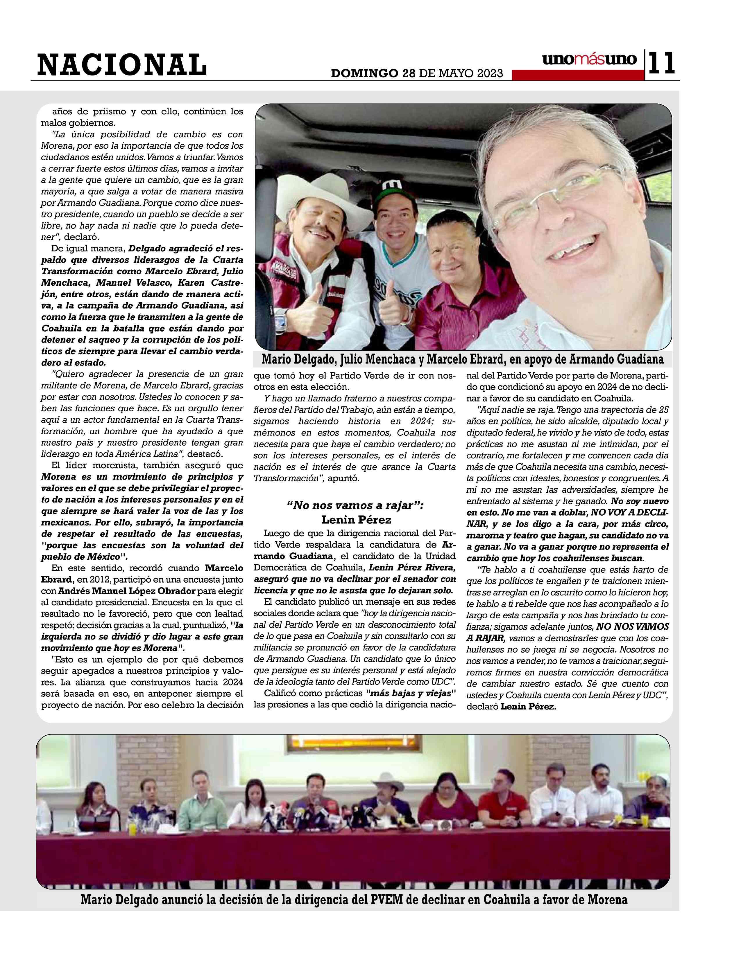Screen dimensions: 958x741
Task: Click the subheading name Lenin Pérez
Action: (x=356, y=520)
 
